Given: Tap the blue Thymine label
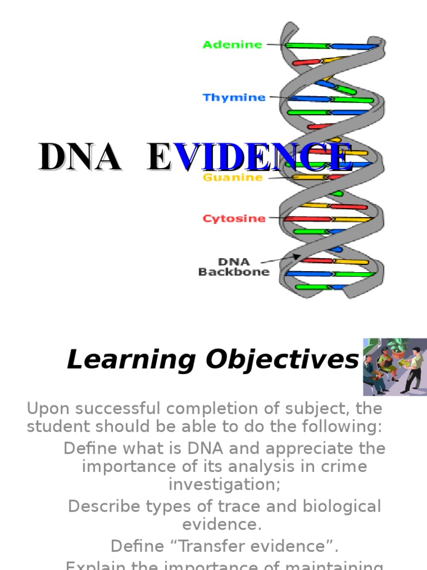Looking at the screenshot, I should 234,98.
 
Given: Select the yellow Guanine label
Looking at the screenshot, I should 233,178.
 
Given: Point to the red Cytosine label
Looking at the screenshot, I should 234,219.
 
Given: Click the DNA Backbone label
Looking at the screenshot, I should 234,267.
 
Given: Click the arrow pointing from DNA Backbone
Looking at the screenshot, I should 281,258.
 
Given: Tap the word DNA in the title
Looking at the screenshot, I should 79,158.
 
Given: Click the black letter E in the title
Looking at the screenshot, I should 159,158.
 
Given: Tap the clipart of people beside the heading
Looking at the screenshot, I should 395,367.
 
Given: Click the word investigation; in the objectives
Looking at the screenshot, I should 225,484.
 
